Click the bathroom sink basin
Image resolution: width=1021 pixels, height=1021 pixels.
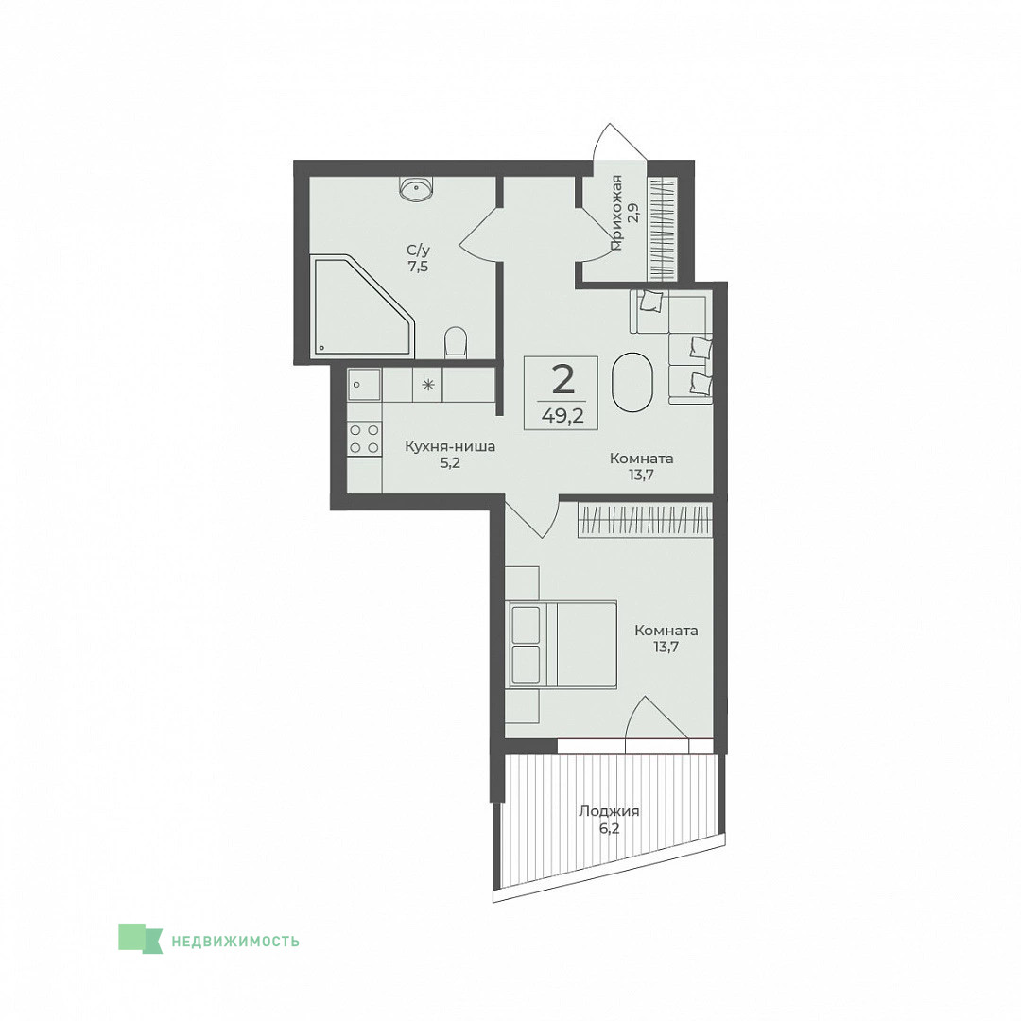click(415, 189)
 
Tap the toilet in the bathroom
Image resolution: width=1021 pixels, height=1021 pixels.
click(456, 342)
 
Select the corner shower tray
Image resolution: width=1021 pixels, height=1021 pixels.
click(363, 306)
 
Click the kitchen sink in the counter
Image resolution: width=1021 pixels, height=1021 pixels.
click(364, 385)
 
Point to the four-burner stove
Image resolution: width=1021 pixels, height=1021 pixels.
click(364, 439)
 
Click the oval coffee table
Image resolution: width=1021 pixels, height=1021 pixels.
click(632, 382)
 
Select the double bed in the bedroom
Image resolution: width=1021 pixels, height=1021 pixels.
click(562, 644)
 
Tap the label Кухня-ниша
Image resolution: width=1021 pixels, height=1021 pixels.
click(450, 446)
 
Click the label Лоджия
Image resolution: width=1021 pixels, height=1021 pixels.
click(609, 811)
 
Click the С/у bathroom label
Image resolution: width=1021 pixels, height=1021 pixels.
click(418, 250)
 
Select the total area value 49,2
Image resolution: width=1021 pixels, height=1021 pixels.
click(562, 415)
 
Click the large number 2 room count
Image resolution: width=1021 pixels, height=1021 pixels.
click(563, 380)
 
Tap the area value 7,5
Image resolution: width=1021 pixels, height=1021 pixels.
click(418, 267)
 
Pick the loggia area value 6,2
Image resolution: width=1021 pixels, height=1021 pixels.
click(610, 829)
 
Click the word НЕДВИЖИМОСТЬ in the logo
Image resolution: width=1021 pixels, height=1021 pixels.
click(235, 941)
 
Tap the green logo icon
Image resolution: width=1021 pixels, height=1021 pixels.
click(140, 939)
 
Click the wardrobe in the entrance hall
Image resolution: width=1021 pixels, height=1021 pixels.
click(664, 228)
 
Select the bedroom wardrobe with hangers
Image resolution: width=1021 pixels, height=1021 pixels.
click(645, 520)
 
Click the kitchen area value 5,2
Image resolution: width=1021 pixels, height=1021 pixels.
click(450, 463)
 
